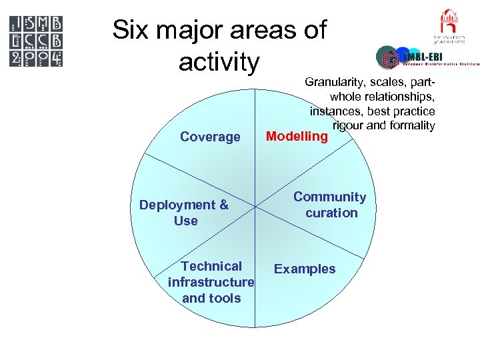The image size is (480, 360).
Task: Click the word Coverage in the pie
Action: tap(210, 137)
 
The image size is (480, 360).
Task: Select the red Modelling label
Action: tap(297, 137)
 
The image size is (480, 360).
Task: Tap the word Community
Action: tap(330, 197)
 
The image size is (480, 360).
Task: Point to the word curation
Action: tap(331, 213)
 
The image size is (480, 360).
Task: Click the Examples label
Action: tap(305, 269)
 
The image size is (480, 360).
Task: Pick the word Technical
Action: tap(211, 266)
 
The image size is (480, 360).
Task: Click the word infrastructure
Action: tap(211, 282)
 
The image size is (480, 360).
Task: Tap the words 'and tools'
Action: tap(211, 298)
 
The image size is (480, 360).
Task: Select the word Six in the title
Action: tap(132, 30)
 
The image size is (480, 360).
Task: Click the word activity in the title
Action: tap(219, 62)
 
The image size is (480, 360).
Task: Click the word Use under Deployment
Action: tap(185, 221)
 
